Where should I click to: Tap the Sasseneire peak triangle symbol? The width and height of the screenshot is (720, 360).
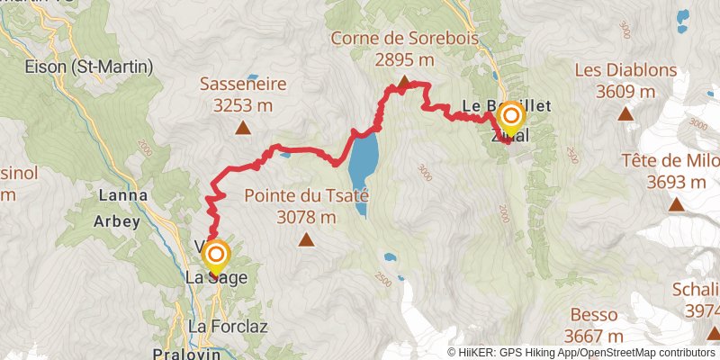coord(242,129)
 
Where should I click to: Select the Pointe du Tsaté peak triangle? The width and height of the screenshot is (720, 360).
coord(306,240)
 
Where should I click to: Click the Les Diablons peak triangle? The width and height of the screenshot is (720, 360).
coord(625,114)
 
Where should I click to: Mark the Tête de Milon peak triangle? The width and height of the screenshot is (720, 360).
coord(676,205)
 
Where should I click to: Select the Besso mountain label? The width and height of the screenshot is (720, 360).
coord(593,315)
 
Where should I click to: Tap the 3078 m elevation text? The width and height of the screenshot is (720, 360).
coord(306,217)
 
